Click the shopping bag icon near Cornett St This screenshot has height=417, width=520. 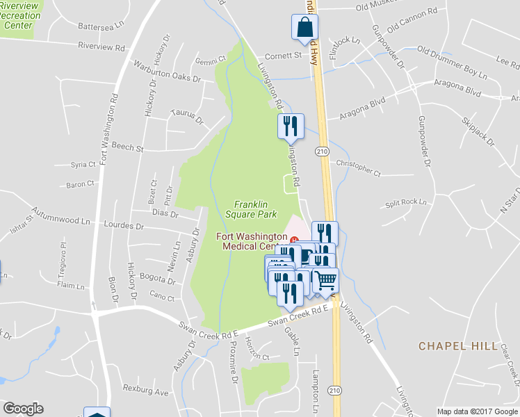tap(304, 28)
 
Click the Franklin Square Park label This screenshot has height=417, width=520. tap(250, 209)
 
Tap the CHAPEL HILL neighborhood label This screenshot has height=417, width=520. tap(458, 345)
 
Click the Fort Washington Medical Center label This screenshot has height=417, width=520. tap(254, 241)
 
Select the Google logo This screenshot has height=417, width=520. tap(23, 409)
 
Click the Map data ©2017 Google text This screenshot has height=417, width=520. tap(476, 411)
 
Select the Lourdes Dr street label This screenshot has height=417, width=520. tap(122, 227)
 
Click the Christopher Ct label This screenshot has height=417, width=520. tap(359, 167)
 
